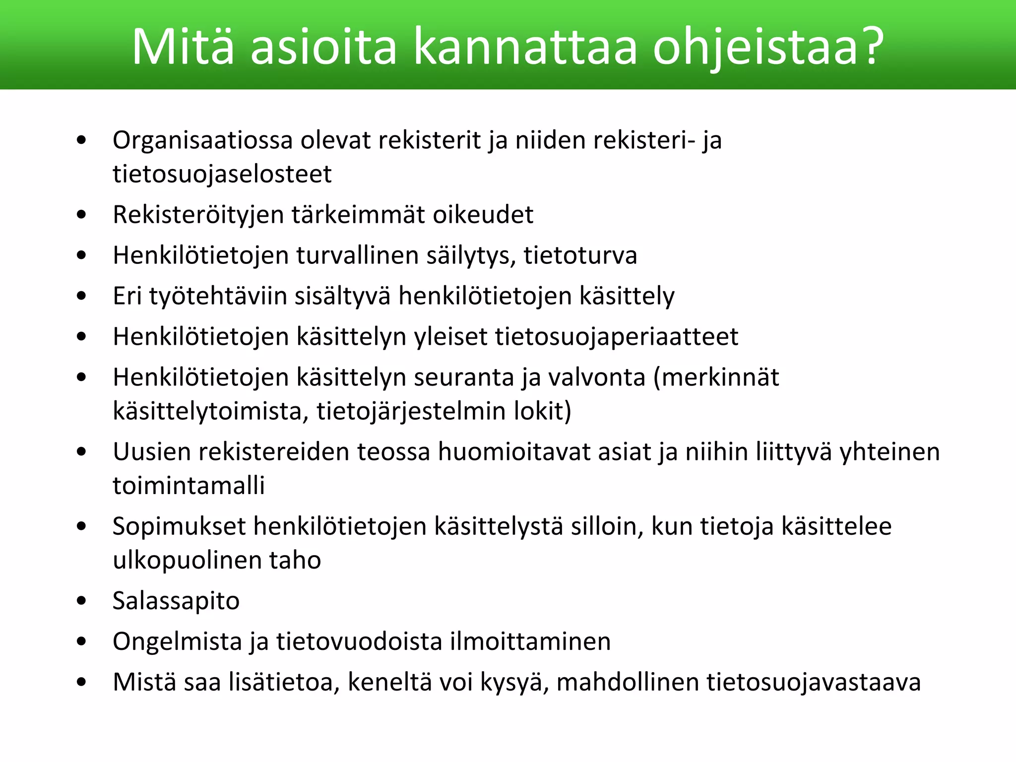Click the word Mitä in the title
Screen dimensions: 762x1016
(183, 46)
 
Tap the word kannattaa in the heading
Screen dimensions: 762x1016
(525, 46)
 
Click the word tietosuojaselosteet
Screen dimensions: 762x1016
(222, 174)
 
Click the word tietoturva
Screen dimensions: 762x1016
(580, 255)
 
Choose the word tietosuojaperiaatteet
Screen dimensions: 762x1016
(616, 337)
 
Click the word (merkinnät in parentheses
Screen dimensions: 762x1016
(716, 378)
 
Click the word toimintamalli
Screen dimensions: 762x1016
(189, 486)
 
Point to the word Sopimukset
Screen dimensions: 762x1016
(179, 527)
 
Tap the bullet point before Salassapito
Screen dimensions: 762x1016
(82, 601)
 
